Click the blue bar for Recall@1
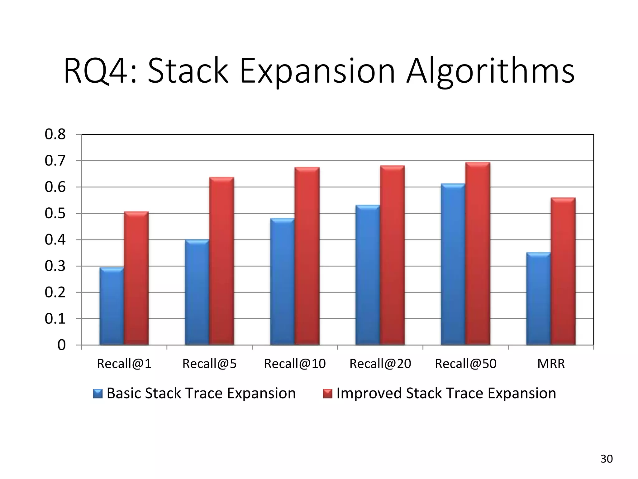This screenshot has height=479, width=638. pos(112,306)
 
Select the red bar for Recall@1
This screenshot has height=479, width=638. pos(136,278)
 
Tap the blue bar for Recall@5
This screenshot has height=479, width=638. pos(197,292)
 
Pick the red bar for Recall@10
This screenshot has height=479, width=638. pos(307,256)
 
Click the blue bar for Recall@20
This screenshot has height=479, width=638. pos(368,275)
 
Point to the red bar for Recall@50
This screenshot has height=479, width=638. pos(478,254)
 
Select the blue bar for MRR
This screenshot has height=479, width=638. pos(538,298)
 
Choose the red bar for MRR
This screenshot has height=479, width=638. pos(563,271)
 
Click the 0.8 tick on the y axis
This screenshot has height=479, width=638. pos(55,134)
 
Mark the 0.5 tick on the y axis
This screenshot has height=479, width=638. pos(55,214)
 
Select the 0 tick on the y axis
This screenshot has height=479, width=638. pos(61,345)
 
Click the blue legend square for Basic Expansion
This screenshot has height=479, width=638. pos(98,394)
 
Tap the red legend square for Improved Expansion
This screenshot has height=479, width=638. pos(328,394)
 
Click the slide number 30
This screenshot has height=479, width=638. pos(607,459)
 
